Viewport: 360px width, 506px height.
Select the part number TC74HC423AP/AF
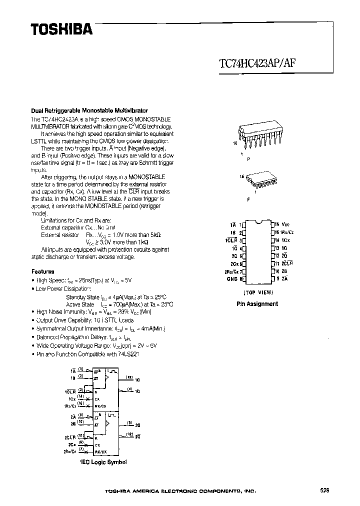pos(260,63)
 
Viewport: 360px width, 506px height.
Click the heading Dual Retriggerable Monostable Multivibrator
pos(89,110)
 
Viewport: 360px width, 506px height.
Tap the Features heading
pos(43,271)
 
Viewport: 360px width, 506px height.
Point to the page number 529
pos(325,490)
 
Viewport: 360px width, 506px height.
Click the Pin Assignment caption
pos(257,303)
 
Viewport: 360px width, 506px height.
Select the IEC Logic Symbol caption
pos(103,462)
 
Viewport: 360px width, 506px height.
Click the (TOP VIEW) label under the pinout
pos(257,292)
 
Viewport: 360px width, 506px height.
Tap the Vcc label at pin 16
pos(285,225)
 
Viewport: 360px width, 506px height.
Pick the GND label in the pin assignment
pos(232,279)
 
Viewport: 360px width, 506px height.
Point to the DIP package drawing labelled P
pos(260,136)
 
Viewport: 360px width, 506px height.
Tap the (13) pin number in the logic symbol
pos(129,377)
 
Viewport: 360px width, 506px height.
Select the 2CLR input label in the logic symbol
pos(70,436)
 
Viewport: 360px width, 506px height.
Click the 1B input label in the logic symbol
pos(72,379)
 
